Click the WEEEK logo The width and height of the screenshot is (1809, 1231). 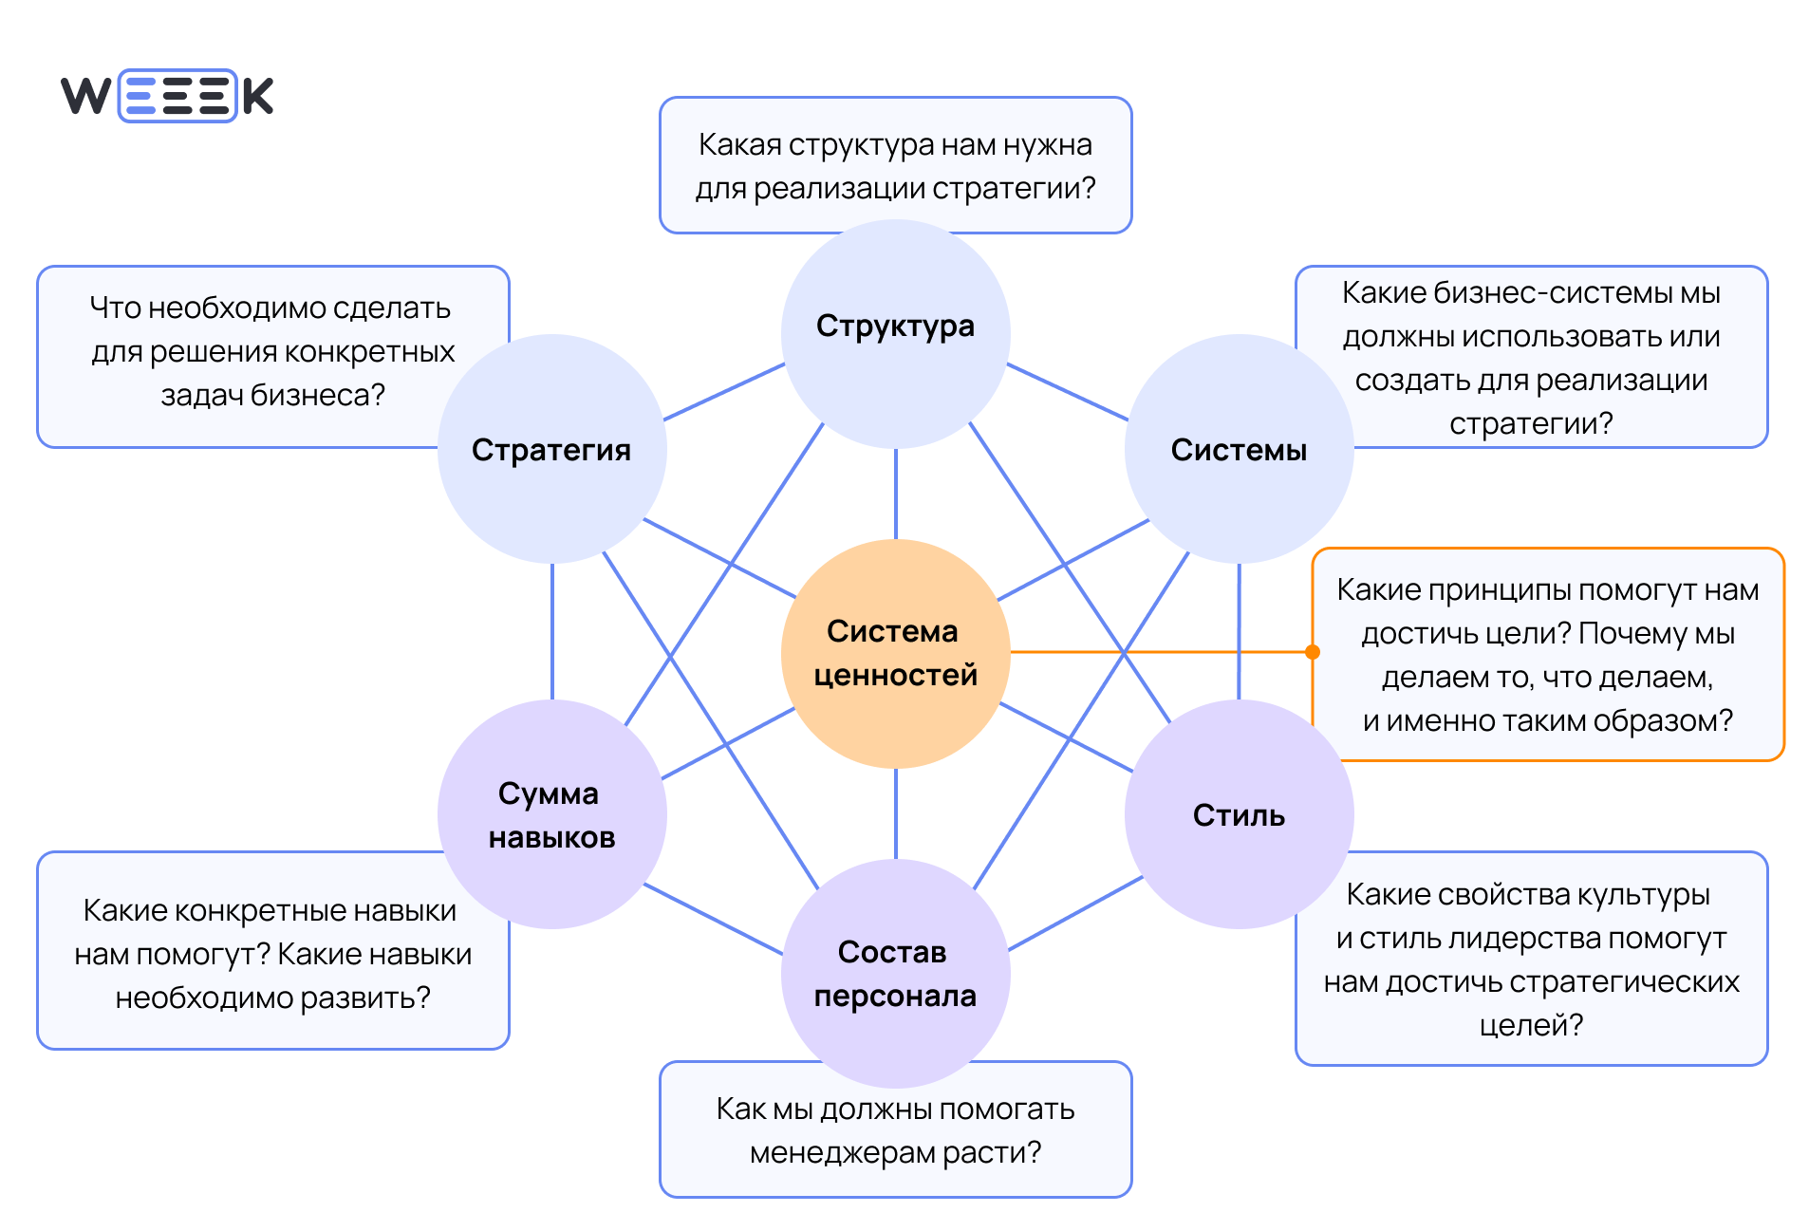pyautogui.click(x=167, y=96)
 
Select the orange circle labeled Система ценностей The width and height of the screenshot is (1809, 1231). pyautogui.click(x=895, y=653)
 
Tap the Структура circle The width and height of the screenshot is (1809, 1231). pyautogui.click(x=895, y=333)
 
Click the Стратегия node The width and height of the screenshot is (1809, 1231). pyautogui.click(x=551, y=449)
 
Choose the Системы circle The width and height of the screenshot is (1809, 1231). pyautogui.click(x=1239, y=449)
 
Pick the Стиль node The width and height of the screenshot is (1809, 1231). pyautogui.click(x=1239, y=814)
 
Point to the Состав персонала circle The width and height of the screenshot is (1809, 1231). pyautogui.click(x=895, y=973)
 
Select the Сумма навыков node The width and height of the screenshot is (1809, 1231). pyautogui.click(x=551, y=814)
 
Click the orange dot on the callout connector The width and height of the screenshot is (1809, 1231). pyautogui.click(x=1313, y=652)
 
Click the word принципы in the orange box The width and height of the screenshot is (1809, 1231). pyautogui.click(x=1501, y=590)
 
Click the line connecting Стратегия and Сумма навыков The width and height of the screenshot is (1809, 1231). pyautogui.click(x=552, y=631)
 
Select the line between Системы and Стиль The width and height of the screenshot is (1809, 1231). pyautogui.click(x=1239, y=631)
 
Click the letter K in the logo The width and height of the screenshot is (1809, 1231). pyautogui.click(x=257, y=96)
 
